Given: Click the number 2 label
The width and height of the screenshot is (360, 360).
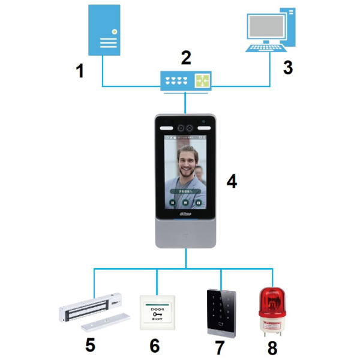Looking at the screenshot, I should point(186,58).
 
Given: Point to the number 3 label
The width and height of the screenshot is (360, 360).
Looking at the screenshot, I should point(288,67).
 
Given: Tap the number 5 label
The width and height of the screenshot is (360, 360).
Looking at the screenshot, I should point(90,346).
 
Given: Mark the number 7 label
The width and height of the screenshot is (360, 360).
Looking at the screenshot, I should point(220,346).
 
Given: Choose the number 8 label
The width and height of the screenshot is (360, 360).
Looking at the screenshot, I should point(273,346).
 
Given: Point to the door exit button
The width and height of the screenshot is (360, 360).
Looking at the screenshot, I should point(158,311).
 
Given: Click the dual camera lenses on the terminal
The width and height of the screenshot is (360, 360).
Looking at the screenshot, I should point(185,127).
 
